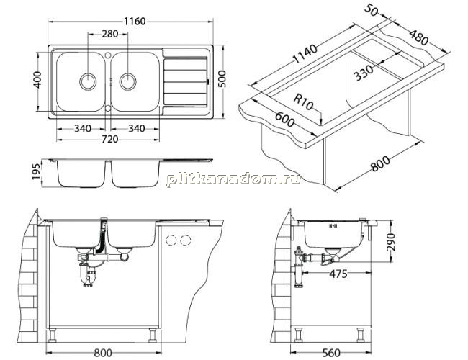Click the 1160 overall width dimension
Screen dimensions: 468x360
pos(135,22)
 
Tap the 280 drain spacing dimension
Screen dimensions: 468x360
pos(110,34)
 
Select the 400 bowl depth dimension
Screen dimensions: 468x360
pos(37,80)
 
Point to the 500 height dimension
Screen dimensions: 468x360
pos(222,78)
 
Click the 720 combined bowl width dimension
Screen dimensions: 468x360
pos(110,139)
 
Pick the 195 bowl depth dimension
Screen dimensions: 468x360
pos(36,171)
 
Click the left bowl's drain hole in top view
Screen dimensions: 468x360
pos(88,81)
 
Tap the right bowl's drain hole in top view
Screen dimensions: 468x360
pos(127,81)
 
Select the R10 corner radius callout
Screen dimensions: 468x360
pos(304,102)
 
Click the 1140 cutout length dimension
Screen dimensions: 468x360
pos(305,54)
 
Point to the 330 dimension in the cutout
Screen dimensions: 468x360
pos(364,73)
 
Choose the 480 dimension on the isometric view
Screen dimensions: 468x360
pos(418,37)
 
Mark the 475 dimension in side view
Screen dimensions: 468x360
pos(338,274)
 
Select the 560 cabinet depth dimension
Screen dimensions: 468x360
pos(331,353)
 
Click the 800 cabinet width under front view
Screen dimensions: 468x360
pos(103,353)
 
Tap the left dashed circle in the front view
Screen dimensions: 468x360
pos(171,240)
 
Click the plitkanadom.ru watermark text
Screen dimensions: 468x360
pos(233,179)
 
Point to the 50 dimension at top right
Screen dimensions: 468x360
pos(372,10)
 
